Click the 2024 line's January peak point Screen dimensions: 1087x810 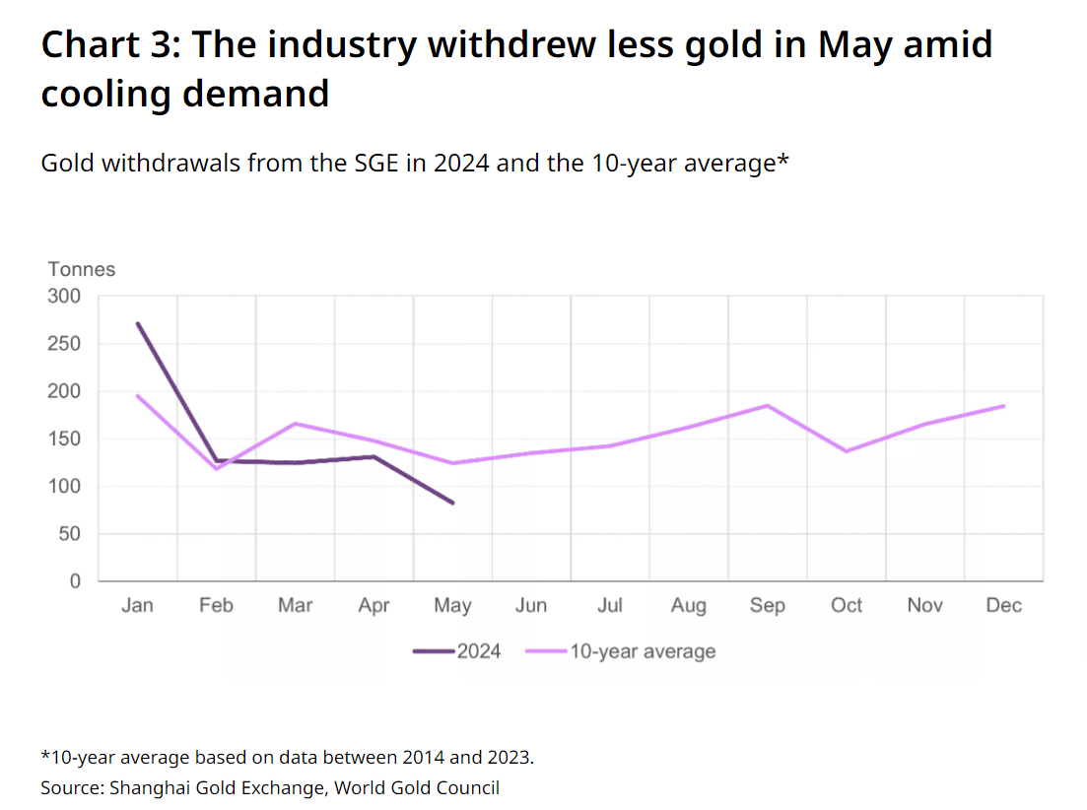point(138,323)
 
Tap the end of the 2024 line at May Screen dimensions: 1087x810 point(452,503)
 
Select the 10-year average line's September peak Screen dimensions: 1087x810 point(768,405)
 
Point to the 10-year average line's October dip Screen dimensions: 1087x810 point(847,451)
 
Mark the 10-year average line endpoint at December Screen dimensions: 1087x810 point(1004,406)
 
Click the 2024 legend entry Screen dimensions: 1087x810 point(457,651)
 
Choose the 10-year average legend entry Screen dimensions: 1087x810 point(621,651)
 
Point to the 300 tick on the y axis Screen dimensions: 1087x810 point(64,296)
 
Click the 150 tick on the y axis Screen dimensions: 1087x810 point(64,439)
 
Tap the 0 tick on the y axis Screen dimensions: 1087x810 point(75,581)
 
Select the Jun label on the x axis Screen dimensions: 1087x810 point(531,606)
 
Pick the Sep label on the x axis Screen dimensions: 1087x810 point(768,606)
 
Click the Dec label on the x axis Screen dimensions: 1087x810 point(1004,606)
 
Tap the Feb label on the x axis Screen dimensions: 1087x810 point(216,606)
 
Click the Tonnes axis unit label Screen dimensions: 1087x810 point(81,269)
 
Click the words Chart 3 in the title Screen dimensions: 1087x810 point(111,44)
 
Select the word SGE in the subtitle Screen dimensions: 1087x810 point(376,164)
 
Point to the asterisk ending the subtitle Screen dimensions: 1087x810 point(782,159)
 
